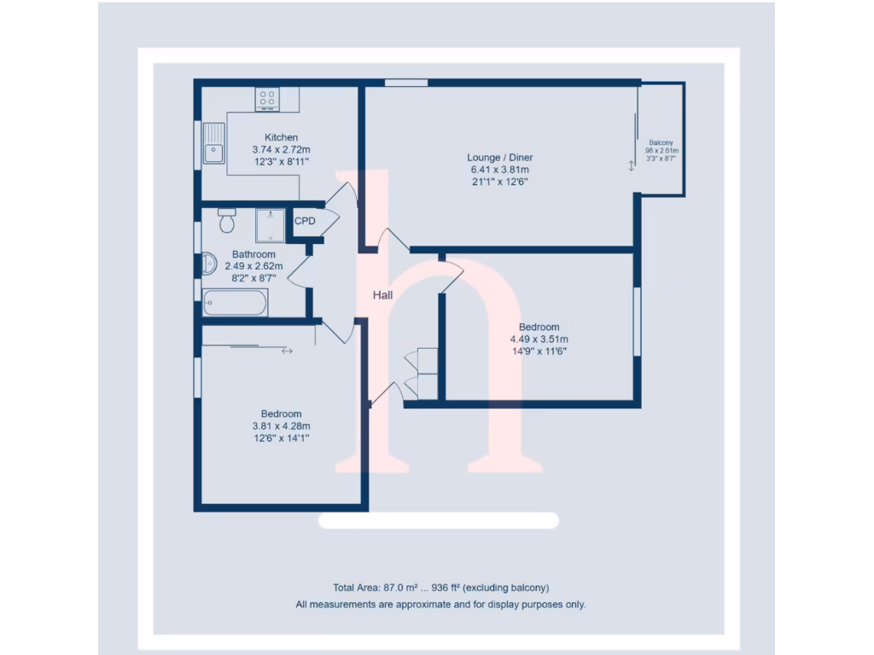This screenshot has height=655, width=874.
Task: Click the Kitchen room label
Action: [x=281, y=137]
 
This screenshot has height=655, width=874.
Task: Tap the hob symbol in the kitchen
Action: [x=267, y=99]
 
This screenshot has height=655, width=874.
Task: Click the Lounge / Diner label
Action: [x=499, y=158]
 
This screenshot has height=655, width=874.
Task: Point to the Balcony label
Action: [x=661, y=142]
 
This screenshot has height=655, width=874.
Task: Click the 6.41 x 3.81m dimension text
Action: [x=499, y=169]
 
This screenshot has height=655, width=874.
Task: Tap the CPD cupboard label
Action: [x=305, y=221]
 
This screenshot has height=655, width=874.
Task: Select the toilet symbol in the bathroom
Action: [x=226, y=221]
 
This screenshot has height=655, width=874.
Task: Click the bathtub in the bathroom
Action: [x=236, y=302]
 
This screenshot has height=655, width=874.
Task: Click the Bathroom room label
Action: [x=253, y=254]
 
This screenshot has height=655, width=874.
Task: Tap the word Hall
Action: [x=382, y=295]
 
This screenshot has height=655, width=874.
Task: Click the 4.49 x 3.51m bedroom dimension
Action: [x=539, y=339]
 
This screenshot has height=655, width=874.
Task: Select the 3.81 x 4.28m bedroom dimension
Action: [x=281, y=426]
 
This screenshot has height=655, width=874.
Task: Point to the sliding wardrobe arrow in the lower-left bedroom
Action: [x=287, y=351]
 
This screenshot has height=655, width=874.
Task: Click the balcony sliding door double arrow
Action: [x=632, y=166]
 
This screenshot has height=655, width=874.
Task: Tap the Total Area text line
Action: [x=440, y=588]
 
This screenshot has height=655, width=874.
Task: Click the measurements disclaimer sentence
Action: [x=440, y=605]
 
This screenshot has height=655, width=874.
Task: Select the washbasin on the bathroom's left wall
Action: [x=207, y=264]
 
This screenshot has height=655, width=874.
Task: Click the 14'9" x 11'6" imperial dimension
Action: [x=539, y=350]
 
